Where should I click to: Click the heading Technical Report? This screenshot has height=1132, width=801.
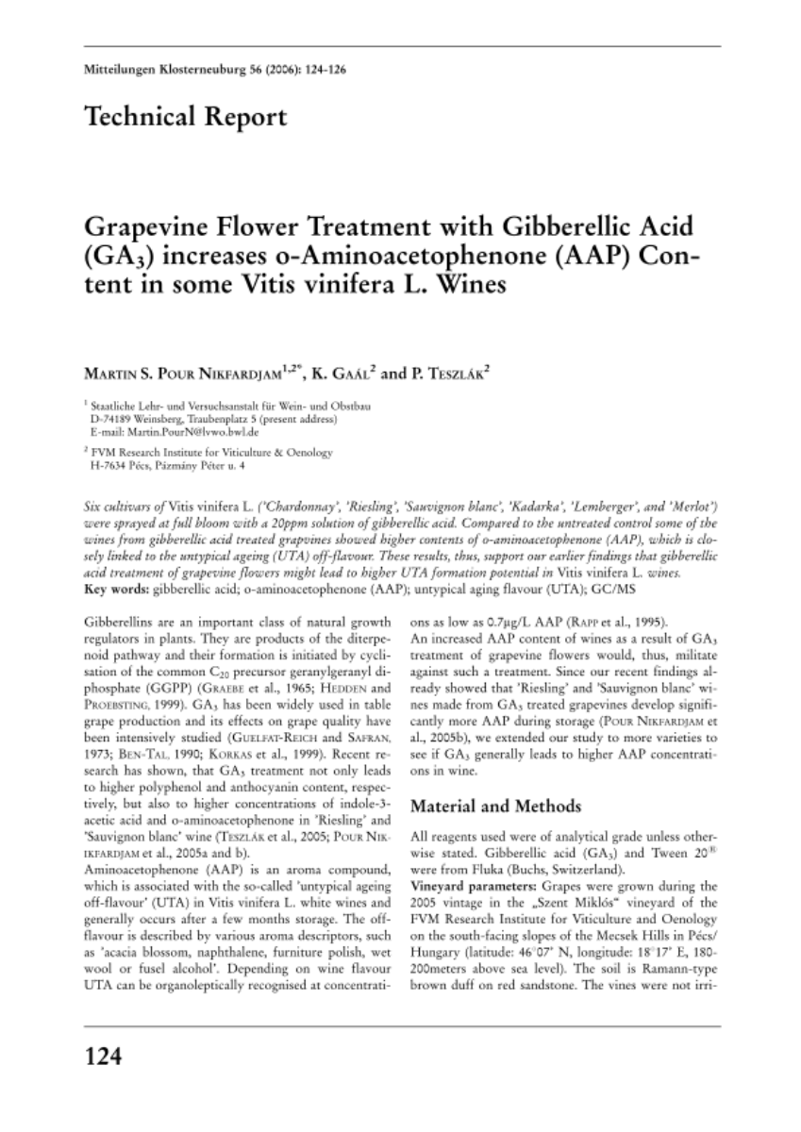[x=185, y=118]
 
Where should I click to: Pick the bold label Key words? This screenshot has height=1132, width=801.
[x=116, y=590]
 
